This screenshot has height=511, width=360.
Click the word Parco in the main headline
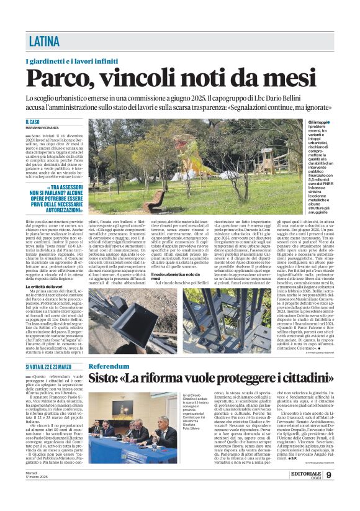[x=59, y=79]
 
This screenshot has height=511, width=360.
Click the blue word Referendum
[x=109, y=366]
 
